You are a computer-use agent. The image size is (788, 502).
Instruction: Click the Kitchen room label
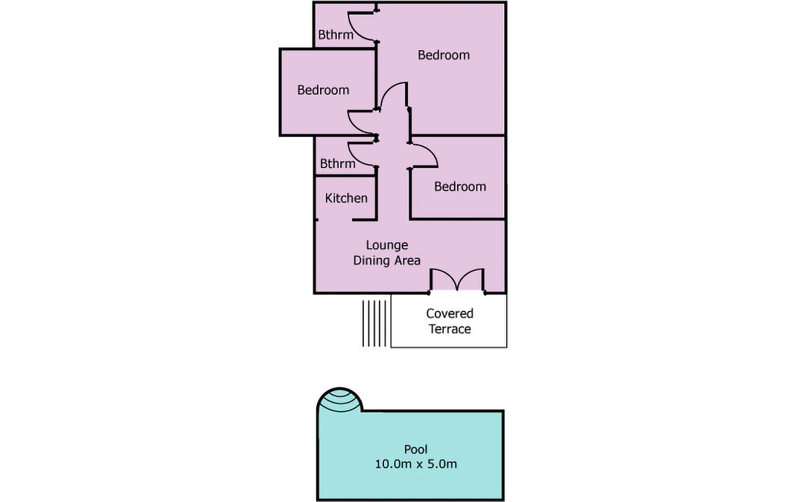(346, 198)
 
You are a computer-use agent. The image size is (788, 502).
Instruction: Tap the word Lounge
(386, 246)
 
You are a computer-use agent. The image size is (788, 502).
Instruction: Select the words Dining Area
(386, 260)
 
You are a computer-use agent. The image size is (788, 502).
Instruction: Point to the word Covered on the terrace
(449, 313)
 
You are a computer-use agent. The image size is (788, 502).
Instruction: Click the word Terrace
(449, 329)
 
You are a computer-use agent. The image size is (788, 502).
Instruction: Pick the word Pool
(416, 449)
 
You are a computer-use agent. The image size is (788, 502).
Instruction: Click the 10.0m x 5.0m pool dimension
(416, 464)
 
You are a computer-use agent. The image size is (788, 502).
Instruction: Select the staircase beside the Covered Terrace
(375, 323)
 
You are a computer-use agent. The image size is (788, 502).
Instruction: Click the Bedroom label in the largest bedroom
(443, 55)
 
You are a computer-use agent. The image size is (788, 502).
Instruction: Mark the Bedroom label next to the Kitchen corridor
(460, 186)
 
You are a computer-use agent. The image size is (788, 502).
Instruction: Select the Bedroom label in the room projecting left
(322, 90)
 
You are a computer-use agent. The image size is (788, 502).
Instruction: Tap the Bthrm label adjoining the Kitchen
(337, 163)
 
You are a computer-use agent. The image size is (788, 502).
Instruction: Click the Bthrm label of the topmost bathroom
(336, 35)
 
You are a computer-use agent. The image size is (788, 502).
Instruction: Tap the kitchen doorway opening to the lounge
(335, 219)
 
